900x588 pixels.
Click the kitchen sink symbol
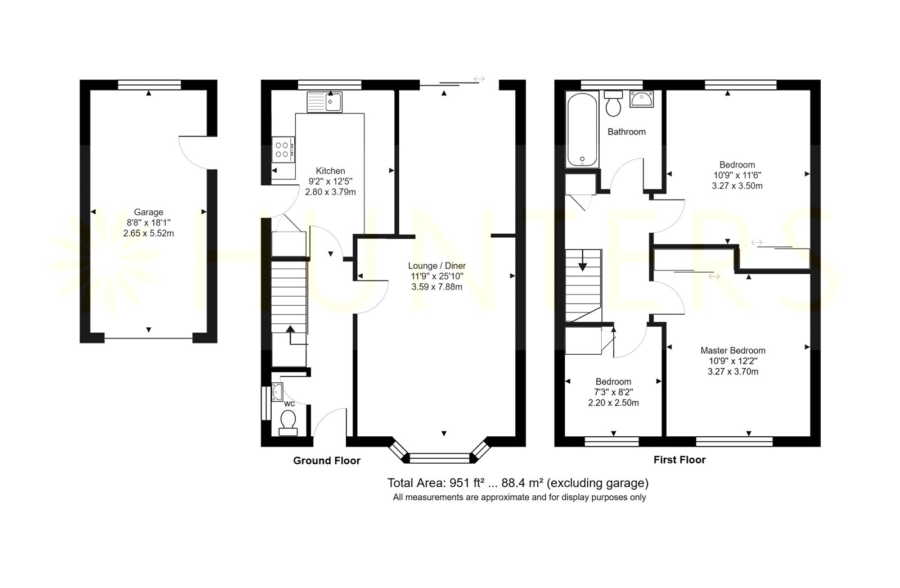click(325, 102)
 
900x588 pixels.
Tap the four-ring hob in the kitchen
click(283, 150)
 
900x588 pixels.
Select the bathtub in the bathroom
click(582, 129)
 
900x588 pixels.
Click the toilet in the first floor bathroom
click(613, 103)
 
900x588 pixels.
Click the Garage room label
click(148, 212)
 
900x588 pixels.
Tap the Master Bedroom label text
click(733, 350)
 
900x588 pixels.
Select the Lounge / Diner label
click(436, 265)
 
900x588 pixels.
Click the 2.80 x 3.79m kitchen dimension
click(330, 192)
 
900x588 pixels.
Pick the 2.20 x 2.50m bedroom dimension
click(613, 403)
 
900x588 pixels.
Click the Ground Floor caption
click(327, 461)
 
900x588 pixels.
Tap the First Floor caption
click(679, 460)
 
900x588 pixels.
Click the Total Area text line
click(518, 483)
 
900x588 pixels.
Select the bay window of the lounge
click(439, 453)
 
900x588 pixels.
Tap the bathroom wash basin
click(642, 99)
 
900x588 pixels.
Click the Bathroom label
click(627, 132)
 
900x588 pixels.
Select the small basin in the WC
click(277, 392)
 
